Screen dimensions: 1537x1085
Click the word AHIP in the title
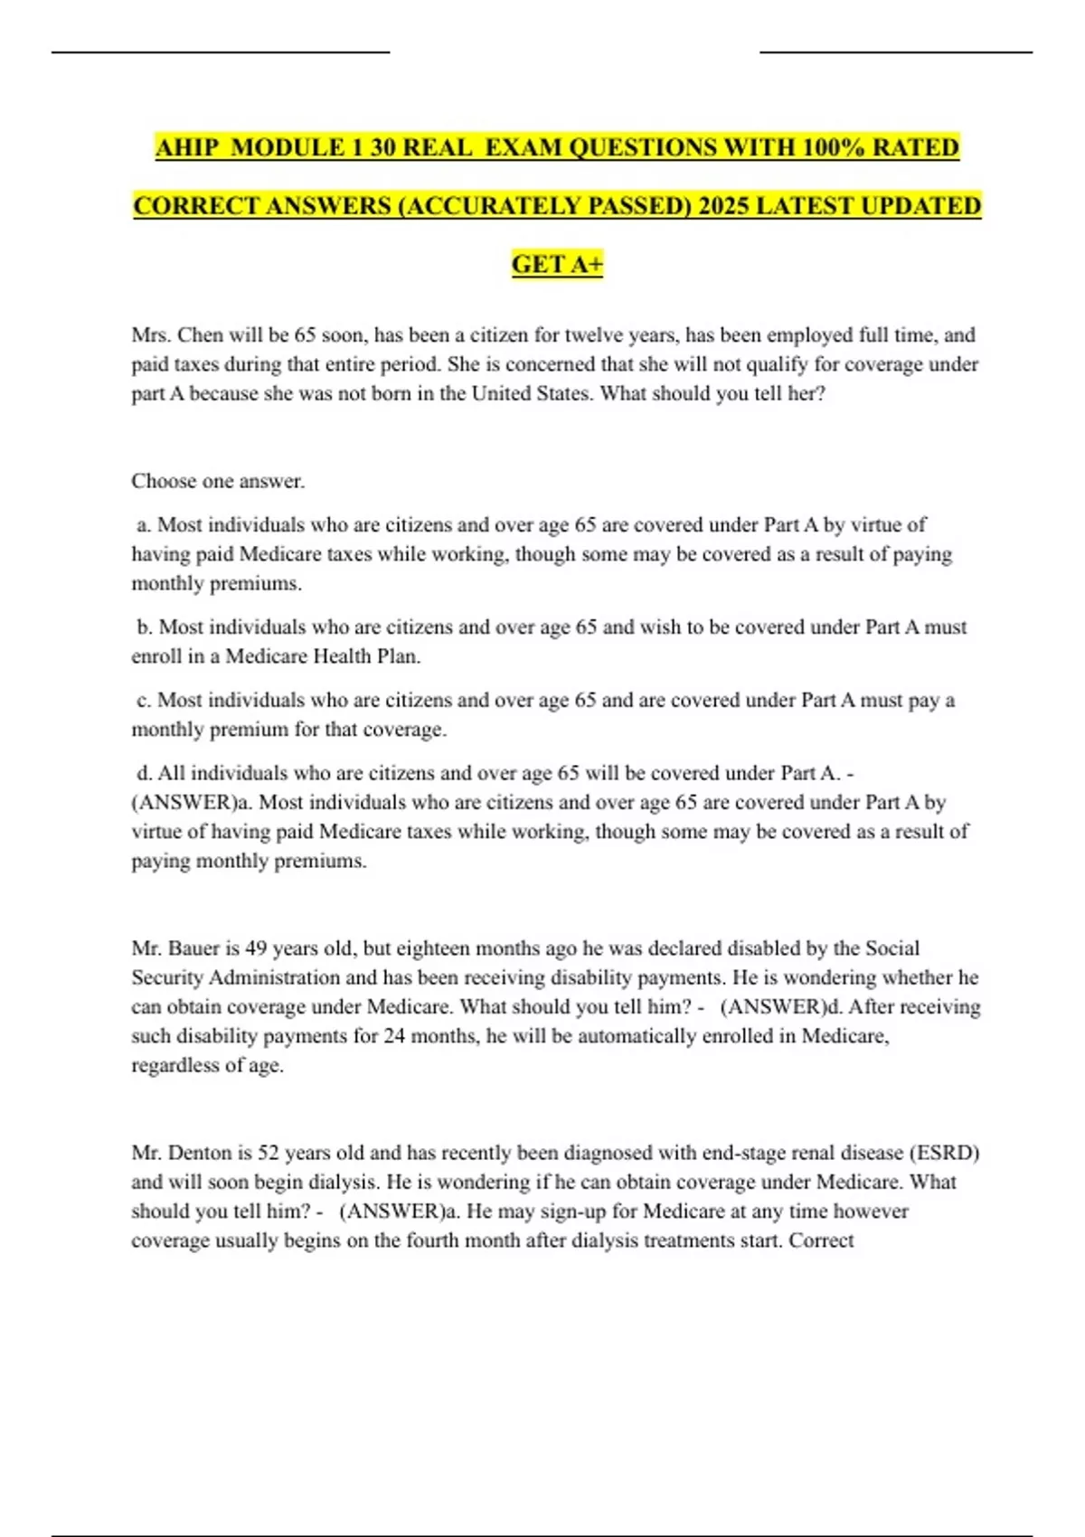point(187,147)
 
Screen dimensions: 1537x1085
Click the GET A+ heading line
point(557,264)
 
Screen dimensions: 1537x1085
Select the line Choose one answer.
point(218,481)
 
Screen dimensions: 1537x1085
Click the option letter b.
point(143,627)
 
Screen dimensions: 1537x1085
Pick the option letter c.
point(143,701)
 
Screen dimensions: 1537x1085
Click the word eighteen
point(434,948)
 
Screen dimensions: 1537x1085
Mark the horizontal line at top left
point(221,52)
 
